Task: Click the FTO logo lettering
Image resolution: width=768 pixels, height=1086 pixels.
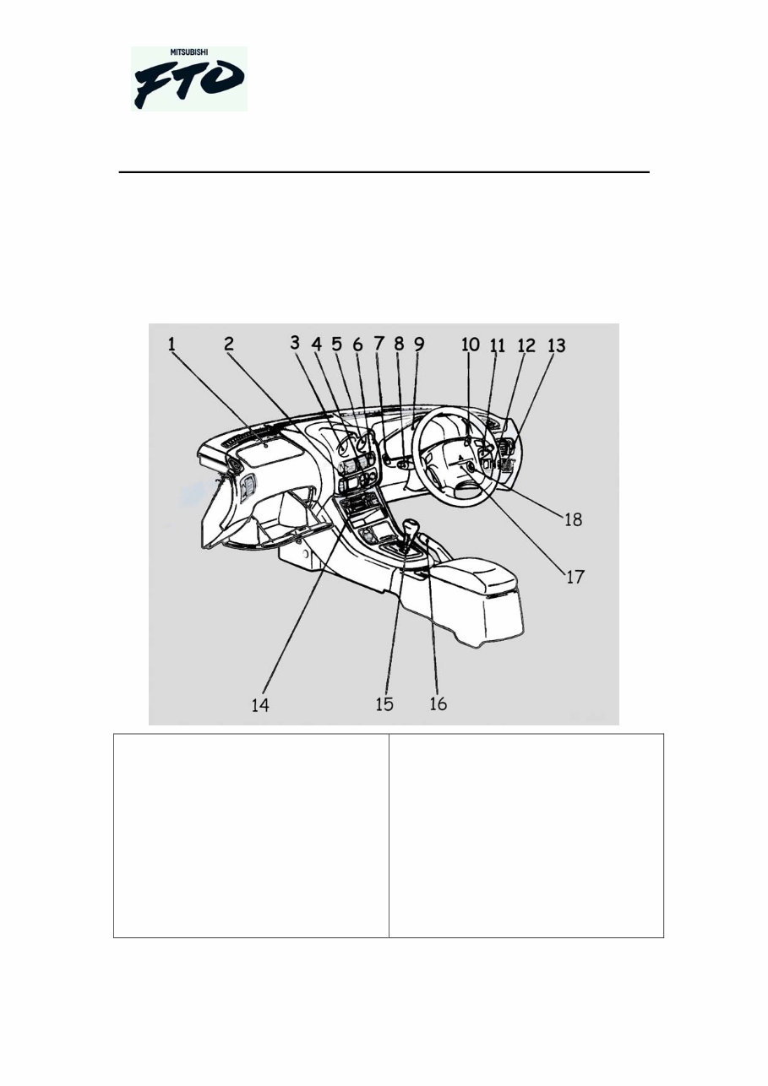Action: [x=189, y=84]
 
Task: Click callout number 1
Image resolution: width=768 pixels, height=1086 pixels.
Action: [x=172, y=344]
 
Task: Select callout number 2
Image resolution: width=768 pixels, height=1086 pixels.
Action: [x=229, y=344]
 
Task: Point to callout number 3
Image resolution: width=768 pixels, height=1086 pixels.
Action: [x=295, y=343]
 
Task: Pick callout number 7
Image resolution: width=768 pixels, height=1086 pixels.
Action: [x=379, y=344]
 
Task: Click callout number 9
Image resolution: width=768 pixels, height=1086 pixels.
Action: [x=419, y=344]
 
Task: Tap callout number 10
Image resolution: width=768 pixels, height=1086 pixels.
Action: [x=471, y=345]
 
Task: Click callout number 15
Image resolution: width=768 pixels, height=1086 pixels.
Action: [x=384, y=703]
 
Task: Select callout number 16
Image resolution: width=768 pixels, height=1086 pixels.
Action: [x=438, y=703]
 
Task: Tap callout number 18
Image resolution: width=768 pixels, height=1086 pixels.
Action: [x=573, y=520]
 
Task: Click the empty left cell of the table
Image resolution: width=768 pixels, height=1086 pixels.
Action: [x=251, y=835]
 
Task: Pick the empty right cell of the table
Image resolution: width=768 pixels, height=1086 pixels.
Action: [x=526, y=835]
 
